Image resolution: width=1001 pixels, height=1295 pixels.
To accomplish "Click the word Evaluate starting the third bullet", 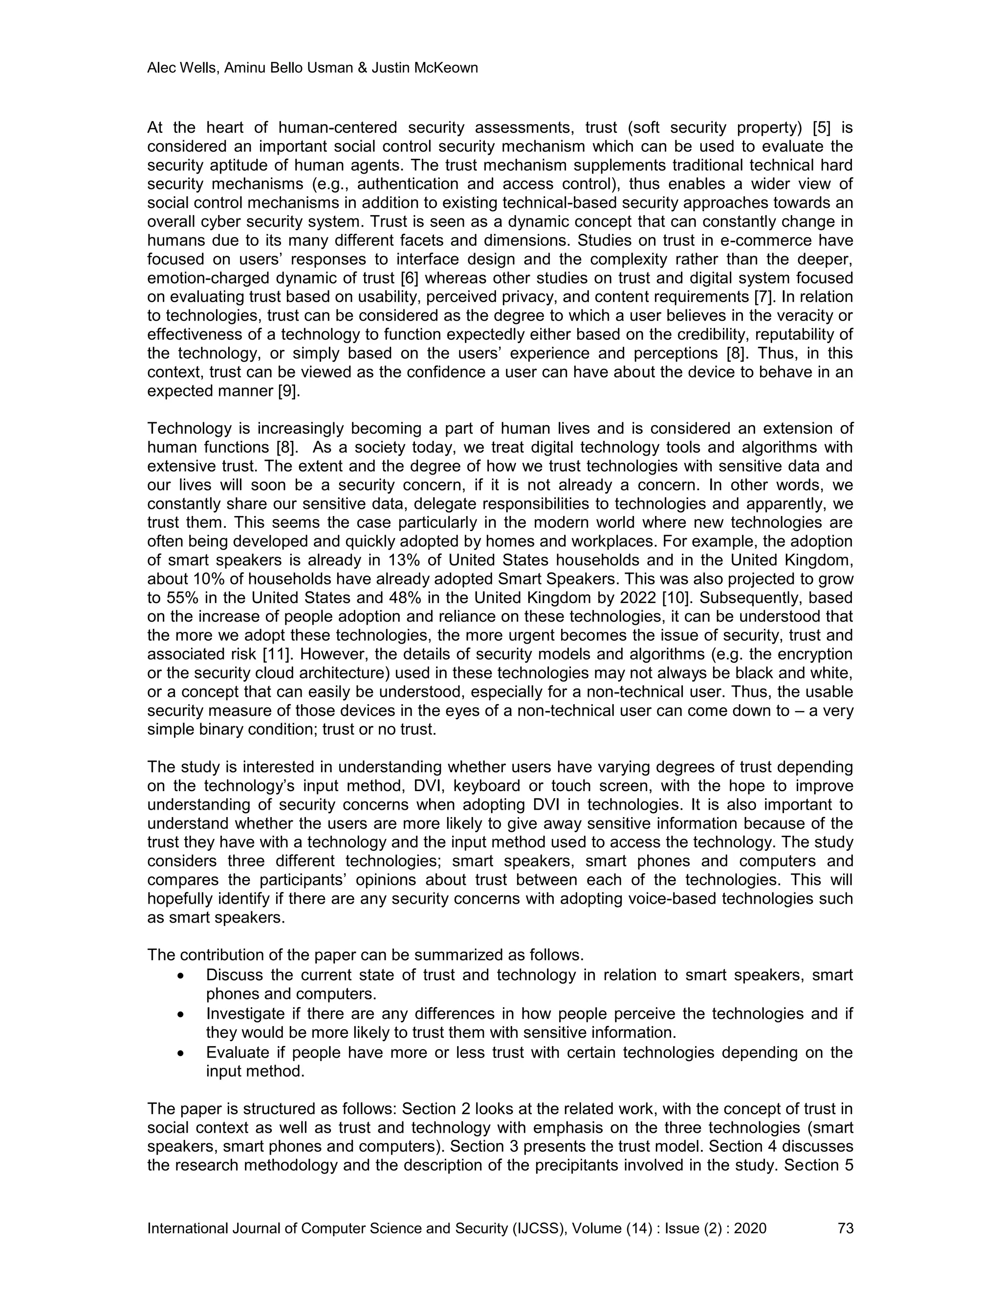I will pos(237,1053).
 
